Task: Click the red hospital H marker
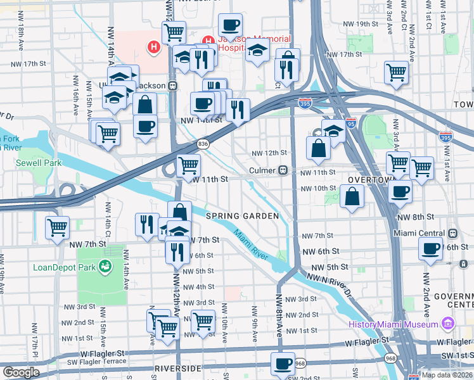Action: (x=153, y=47)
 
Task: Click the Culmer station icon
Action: (x=285, y=170)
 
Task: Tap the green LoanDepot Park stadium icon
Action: (x=105, y=267)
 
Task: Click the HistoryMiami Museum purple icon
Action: (x=449, y=324)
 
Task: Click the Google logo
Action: (x=21, y=372)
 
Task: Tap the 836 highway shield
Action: (x=203, y=143)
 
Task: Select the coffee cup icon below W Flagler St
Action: (x=283, y=364)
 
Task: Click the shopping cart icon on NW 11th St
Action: (x=189, y=167)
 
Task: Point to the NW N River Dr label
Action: (x=330, y=282)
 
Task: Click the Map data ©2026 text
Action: (x=446, y=375)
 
